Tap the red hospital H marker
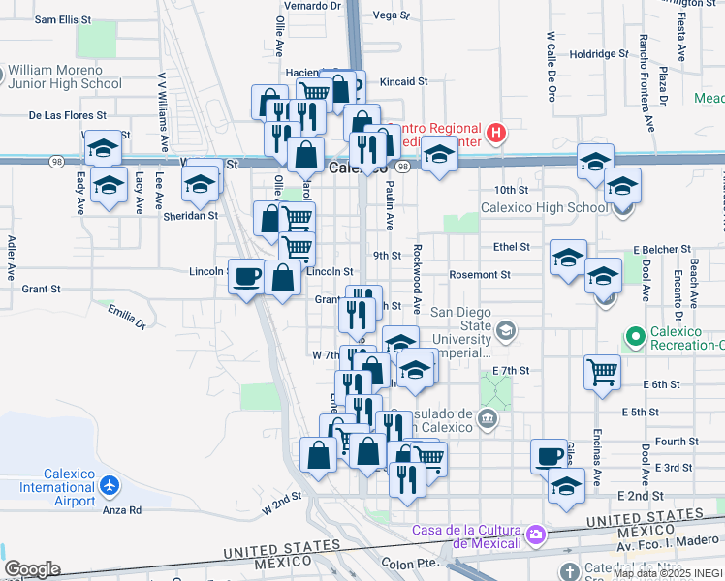pos(496,133)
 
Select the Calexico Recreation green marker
pos(636,337)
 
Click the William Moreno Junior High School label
pos(64,77)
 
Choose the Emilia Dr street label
pos(126,316)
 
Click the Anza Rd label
pos(122,509)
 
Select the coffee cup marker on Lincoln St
pos(245,275)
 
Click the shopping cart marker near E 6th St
pos(602,371)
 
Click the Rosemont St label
pos(481,275)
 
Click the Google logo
pos(32,569)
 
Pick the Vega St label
pos(392,15)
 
